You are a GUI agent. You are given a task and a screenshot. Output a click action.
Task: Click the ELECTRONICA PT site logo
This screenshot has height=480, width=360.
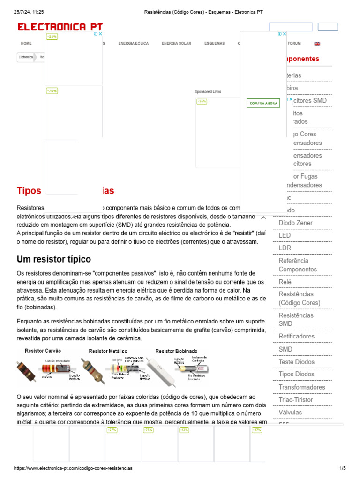pos(60,27)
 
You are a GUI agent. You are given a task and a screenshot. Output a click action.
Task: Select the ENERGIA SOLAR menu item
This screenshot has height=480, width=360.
pos(176,44)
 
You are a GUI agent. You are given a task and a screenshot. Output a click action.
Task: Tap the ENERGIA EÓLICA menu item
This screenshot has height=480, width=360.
pos(133,44)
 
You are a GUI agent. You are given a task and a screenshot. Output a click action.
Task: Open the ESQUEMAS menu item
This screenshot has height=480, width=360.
pos(214,44)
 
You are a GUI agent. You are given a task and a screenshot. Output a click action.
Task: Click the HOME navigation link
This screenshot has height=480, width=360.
pos(26,44)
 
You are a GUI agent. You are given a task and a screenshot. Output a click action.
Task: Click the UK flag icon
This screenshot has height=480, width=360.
pos(317,44)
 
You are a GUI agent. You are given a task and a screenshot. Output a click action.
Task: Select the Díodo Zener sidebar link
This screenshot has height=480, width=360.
pos(295,223)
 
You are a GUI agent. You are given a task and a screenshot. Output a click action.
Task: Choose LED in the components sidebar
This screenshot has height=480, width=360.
pos(285,235)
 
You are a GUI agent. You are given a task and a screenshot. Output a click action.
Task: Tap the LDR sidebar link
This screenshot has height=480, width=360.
pos(285,247)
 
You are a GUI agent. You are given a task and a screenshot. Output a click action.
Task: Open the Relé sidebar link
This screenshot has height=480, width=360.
pos(285,282)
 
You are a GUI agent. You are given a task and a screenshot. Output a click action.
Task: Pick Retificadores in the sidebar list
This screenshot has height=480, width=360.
pos(297,336)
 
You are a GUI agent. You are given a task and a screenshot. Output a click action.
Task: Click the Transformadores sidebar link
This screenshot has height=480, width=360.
pos(301,387)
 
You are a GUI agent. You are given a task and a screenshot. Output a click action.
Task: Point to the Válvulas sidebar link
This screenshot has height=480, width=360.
pos(290,412)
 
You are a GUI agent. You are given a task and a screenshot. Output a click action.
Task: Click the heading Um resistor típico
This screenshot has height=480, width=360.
pos(54,259)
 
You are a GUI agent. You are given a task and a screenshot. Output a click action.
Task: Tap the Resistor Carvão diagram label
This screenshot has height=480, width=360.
pos(43,351)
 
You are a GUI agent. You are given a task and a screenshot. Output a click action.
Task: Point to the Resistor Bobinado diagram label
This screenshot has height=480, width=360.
pos(176,351)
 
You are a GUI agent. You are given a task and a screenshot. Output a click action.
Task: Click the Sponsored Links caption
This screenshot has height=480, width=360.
pos(208,92)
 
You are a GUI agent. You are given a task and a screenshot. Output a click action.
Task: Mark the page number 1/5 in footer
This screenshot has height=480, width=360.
pos(342,468)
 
